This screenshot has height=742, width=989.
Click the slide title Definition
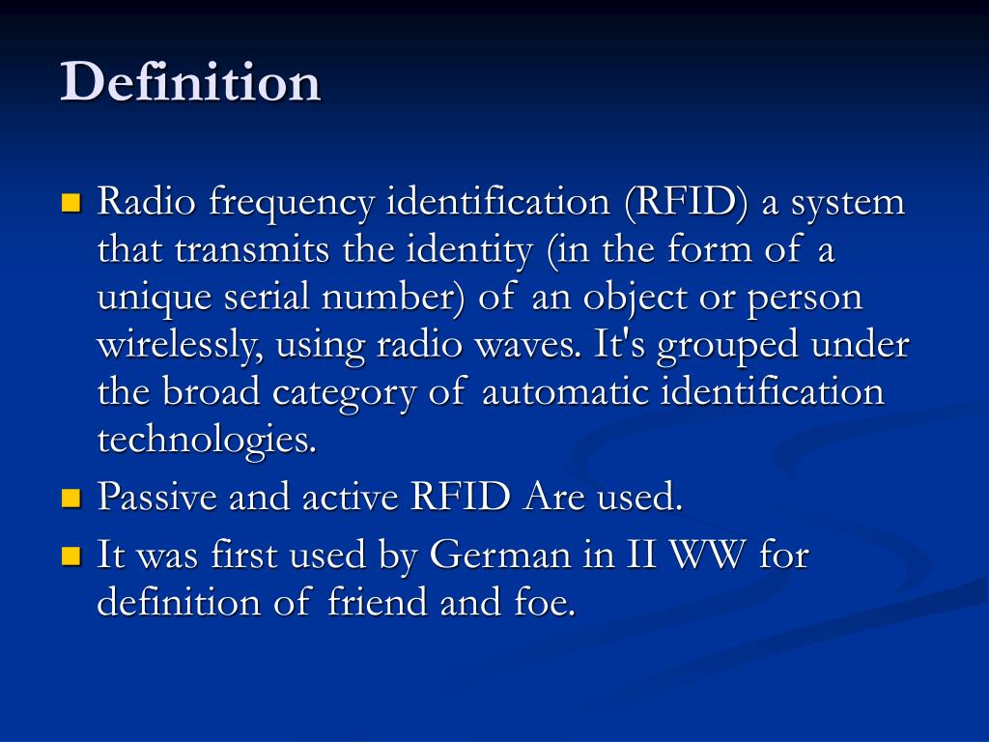pyautogui.click(x=190, y=81)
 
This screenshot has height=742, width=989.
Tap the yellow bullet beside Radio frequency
pyautogui.click(x=70, y=204)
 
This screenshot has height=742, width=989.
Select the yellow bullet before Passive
pyautogui.click(x=70, y=499)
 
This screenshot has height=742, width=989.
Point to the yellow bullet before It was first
pyautogui.click(x=70, y=556)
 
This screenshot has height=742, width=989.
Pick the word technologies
pyautogui.click(x=207, y=441)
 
